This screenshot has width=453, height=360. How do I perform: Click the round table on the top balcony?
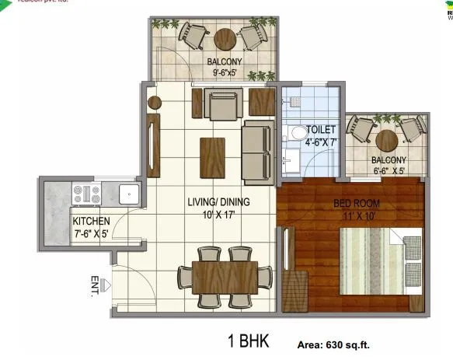click(225, 38)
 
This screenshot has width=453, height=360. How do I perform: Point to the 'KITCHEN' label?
click(91, 221)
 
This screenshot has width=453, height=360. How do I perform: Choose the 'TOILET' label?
click(320, 129)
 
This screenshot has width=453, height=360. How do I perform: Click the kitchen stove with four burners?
click(85, 193)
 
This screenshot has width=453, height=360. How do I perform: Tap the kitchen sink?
click(128, 193)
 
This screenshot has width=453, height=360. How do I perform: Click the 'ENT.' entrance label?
click(96, 287)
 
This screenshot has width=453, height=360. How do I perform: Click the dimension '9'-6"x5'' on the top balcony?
click(225, 73)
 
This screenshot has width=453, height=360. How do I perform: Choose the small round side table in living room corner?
click(155, 102)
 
